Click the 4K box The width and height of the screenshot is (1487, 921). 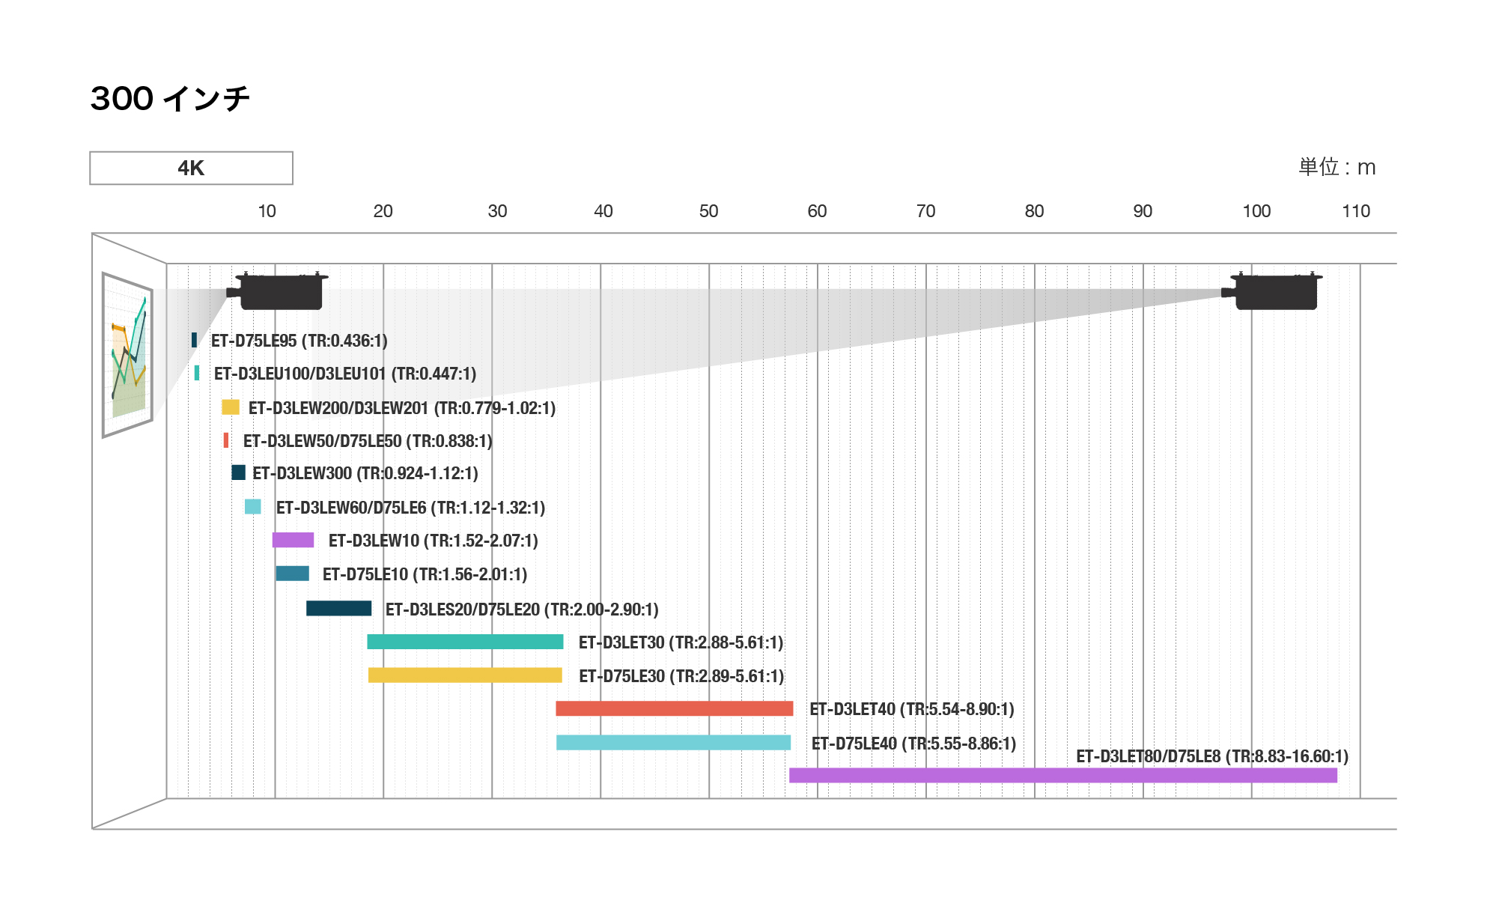click(191, 168)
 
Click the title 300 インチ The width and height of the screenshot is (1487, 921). click(170, 98)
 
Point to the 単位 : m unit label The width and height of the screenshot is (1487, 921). click(1337, 167)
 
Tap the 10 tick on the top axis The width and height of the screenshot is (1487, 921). click(267, 211)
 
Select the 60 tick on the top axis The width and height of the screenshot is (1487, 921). click(816, 211)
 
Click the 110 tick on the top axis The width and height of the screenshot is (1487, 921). click(1355, 211)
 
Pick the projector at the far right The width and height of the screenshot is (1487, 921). click(1273, 291)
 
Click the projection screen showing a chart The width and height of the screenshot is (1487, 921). click(128, 355)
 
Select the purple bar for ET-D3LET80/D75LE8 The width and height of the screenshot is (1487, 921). click(1062, 775)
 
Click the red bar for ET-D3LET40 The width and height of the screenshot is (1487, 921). click(674, 708)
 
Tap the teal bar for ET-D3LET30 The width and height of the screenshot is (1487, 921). click(465, 642)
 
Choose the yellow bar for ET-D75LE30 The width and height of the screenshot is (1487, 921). click(465, 675)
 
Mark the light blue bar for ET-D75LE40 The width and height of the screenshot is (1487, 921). click(673, 742)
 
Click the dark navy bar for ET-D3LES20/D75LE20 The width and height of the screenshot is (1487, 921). click(338, 608)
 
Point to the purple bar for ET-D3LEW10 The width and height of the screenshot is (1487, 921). click(293, 540)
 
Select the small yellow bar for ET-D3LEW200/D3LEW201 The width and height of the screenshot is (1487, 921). click(231, 407)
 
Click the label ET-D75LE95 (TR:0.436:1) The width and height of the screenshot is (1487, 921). click(299, 341)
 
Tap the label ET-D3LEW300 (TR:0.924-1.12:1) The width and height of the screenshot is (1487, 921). click(365, 473)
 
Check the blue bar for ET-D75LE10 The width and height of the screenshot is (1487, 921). click(292, 574)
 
